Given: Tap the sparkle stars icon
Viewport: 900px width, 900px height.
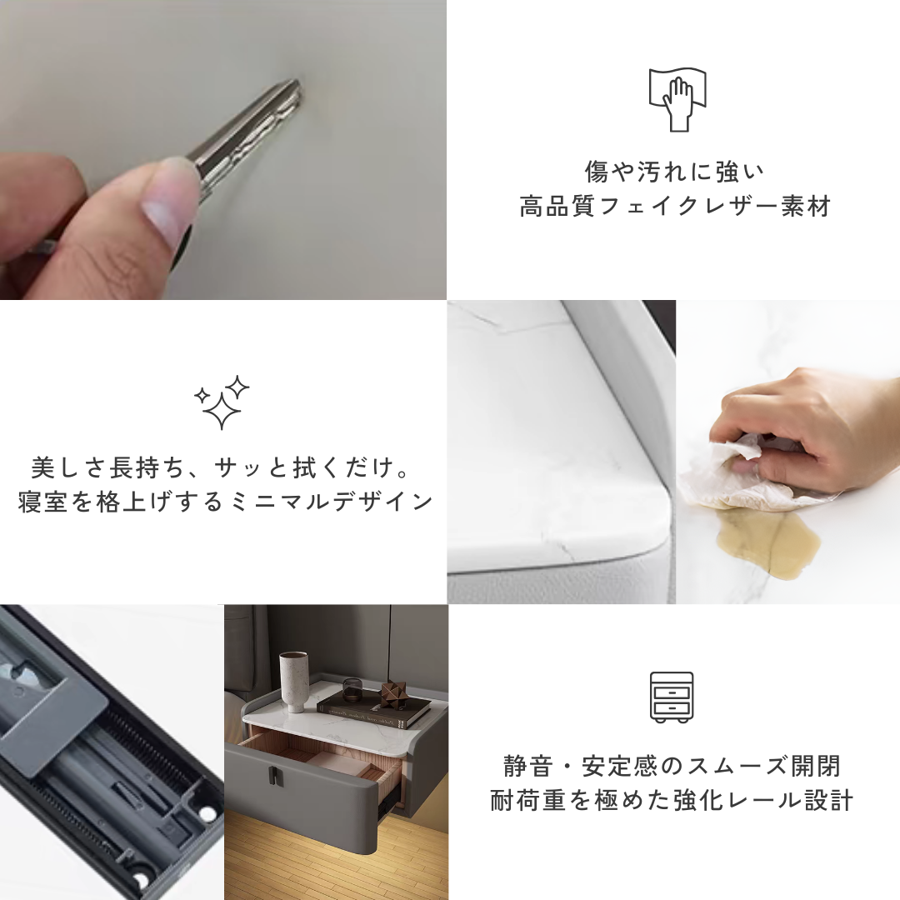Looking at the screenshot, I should pos(222,402).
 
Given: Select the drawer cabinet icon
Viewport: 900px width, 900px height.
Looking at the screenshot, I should pos(672,697).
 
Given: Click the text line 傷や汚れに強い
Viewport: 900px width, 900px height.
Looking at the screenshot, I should pos(674,172).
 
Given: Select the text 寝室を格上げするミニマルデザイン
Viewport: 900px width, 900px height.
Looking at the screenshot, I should pos(226,502).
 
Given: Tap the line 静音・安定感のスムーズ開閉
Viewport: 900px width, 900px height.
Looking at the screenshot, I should pos(672,766).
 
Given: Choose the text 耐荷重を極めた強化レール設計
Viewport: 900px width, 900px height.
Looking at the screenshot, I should pos(672,801).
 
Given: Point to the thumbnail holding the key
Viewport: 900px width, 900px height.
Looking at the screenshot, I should pos(171,192).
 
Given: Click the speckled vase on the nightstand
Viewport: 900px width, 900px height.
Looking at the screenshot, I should pos(293,681).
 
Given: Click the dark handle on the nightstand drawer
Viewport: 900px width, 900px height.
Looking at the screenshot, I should pos(273,774).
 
